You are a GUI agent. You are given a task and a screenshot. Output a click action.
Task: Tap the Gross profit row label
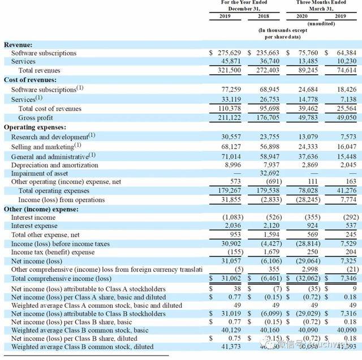point(35,118)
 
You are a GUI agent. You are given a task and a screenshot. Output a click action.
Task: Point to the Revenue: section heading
point(18,44)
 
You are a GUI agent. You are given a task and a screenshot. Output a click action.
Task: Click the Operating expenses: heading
point(35,127)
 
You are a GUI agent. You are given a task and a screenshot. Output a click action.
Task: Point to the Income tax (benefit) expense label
point(53,252)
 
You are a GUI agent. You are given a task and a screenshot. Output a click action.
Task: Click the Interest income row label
point(33,217)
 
